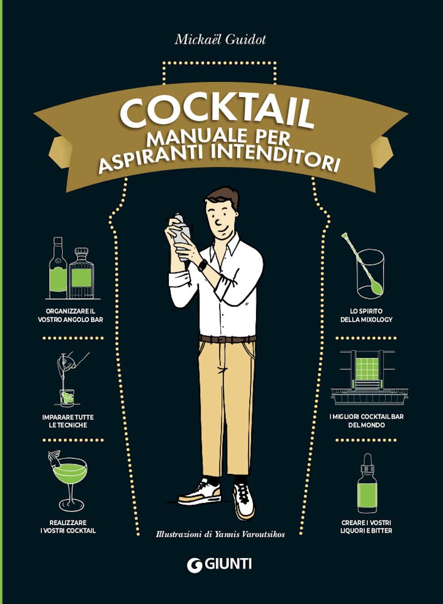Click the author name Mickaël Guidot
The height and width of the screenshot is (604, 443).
[220, 40]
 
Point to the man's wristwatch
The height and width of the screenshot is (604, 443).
[202, 265]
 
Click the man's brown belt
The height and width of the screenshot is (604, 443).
[228, 339]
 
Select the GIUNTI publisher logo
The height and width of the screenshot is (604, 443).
[220, 564]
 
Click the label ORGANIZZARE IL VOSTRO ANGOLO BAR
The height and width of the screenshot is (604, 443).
[71, 315]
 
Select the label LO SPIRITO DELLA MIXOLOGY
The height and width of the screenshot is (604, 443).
[366, 315]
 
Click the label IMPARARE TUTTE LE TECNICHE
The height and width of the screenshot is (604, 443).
[68, 421]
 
